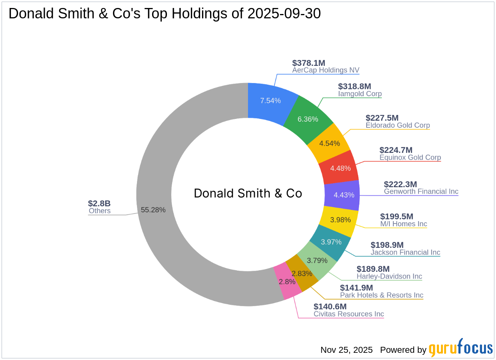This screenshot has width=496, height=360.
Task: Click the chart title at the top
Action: click(165, 14)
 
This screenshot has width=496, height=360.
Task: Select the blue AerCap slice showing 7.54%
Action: click(271, 100)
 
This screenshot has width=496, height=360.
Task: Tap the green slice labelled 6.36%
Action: click(308, 119)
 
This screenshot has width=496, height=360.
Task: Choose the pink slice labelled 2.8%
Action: click(288, 281)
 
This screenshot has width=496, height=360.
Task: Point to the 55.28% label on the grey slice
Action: click(153, 210)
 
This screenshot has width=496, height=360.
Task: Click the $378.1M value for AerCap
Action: click(309, 63)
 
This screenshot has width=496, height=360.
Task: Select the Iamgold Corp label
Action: click(360, 94)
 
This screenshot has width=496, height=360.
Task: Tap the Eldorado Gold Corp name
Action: click(398, 125)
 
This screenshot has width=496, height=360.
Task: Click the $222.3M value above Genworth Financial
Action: click(400, 184)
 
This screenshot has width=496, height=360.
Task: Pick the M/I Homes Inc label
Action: click(403, 224)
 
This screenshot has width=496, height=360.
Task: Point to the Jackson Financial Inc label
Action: click(405, 252)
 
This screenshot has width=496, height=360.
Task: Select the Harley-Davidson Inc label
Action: click(389, 276)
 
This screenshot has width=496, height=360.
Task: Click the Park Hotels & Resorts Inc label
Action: click(381, 295)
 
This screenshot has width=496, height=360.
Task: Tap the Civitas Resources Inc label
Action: click(349, 314)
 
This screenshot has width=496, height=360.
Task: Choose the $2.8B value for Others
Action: click(99, 204)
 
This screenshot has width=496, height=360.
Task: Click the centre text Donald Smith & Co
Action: click(248, 194)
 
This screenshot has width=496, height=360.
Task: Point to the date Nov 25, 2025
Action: click(347, 350)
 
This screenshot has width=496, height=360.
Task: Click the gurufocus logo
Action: click(461, 348)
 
